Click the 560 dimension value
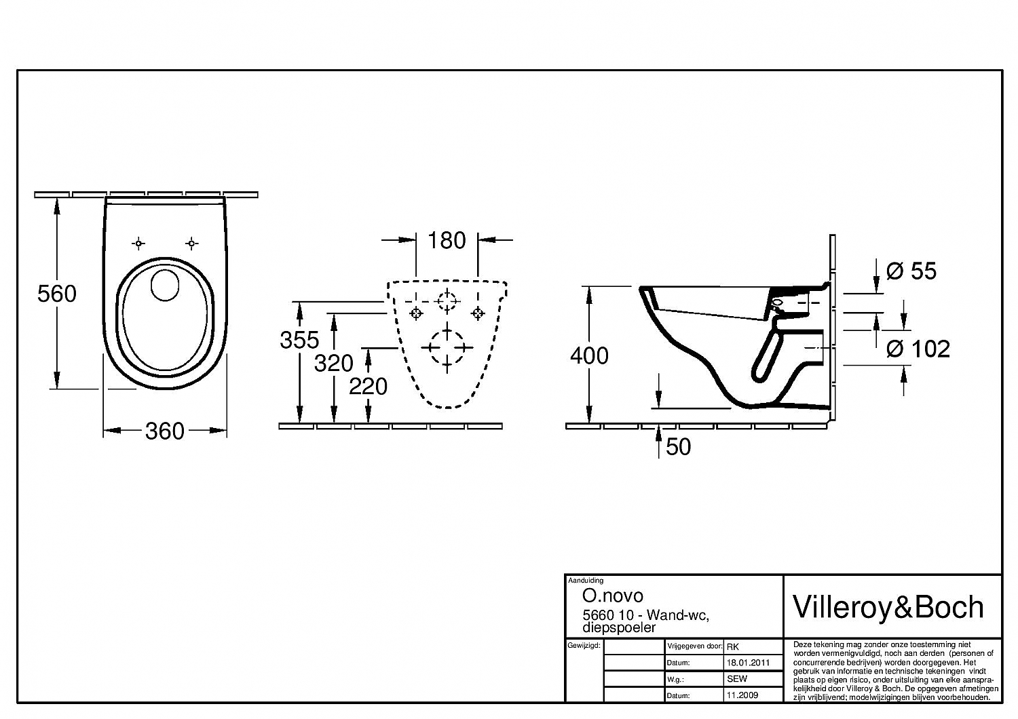pyautogui.click(x=57, y=294)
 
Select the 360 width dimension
pyautogui.click(x=165, y=431)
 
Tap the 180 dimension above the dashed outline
pyautogui.click(x=447, y=240)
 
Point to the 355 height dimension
pyautogui.click(x=299, y=339)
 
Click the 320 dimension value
pyautogui.click(x=333, y=364)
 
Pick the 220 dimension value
pyautogui.click(x=368, y=387)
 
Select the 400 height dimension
pyautogui.click(x=589, y=355)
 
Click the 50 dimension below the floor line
pyautogui.click(x=678, y=447)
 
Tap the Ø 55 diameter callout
pyautogui.click(x=911, y=271)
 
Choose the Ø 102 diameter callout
pyautogui.click(x=918, y=349)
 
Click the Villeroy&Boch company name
pyautogui.click(x=888, y=607)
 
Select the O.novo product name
pyautogui.click(x=613, y=596)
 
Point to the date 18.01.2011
pyautogui.click(x=748, y=663)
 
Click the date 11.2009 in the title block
pyautogui.click(x=742, y=695)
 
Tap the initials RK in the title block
pyautogui.click(x=733, y=646)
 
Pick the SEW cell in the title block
pyautogui.click(x=736, y=679)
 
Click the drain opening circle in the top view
pyautogui.click(x=164, y=285)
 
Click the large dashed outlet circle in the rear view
pyautogui.click(x=447, y=347)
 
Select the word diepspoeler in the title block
pyautogui.click(x=620, y=627)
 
